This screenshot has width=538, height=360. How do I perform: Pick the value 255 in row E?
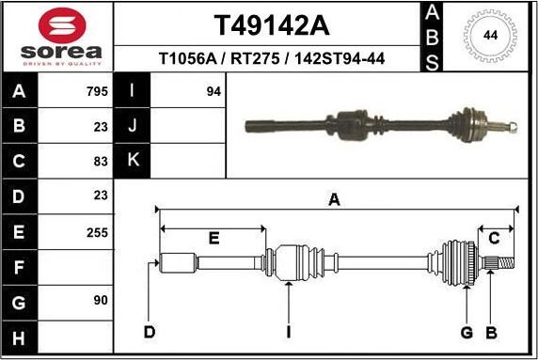coord(97,231)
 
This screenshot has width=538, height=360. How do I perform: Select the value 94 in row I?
coord(214,92)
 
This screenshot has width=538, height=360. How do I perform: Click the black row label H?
coord(21,336)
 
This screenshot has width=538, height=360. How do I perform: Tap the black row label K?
coord(133,162)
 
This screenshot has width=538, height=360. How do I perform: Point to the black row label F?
coord(21,266)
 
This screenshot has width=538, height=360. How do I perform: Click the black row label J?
coord(133,127)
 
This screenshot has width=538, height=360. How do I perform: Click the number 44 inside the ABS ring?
coord(490,36)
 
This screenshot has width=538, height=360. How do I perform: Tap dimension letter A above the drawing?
coord(334,199)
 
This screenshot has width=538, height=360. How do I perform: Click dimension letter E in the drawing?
coord(214,239)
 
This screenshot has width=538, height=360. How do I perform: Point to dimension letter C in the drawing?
coord(494,237)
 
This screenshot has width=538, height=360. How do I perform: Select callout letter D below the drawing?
coord(149,332)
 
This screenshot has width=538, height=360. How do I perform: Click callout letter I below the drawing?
coord(289,332)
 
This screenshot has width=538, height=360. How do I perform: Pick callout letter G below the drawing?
coord(467,332)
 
